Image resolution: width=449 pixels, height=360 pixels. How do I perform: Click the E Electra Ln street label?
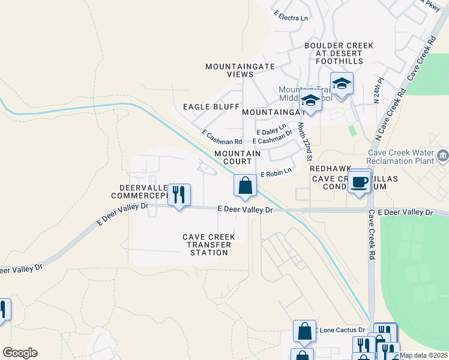pos(291,18)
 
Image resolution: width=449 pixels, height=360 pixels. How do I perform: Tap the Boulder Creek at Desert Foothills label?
pos(339,53)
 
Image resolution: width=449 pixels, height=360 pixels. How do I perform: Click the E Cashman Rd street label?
pos(221,139)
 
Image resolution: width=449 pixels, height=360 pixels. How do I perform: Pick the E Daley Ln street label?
pos(271,131)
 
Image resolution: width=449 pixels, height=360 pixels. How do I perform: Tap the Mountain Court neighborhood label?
pos(238,158)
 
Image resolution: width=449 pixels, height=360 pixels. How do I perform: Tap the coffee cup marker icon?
pos(360,182)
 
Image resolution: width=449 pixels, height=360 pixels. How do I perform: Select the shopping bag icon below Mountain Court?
pos(245,186)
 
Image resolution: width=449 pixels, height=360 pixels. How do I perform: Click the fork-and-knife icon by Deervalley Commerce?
pos(179,194)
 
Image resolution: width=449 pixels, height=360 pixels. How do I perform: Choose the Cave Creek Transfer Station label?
pos(209,245)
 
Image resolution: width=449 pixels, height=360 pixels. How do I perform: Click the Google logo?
pos(20,353)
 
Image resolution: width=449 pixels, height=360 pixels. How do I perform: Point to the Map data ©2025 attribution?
pos(423,355)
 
